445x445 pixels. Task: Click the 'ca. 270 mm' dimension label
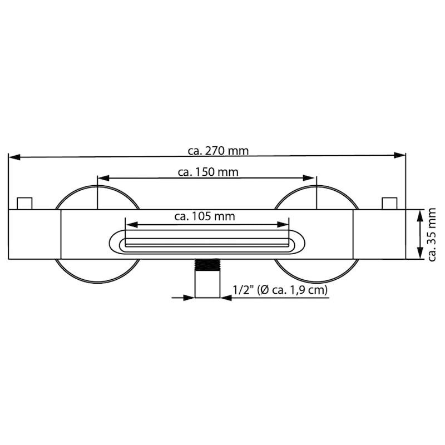click(x=217, y=150)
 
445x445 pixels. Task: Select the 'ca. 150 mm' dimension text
click(x=208, y=172)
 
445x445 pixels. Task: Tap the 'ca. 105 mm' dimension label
click(x=205, y=216)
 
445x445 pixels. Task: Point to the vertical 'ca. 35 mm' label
click(x=432, y=234)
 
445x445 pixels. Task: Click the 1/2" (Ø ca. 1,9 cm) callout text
click(x=280, y=290)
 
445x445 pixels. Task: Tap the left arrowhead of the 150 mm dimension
click(x=103, y=179)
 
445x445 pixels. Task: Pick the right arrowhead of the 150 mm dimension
click(x=310, y=178)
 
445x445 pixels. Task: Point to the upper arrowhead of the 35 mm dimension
click(x=418, y=215)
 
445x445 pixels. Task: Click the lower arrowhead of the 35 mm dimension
click(x=418, y=253)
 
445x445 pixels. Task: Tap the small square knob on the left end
click(x=25, y=203)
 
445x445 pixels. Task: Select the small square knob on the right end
click(x=389, y=203)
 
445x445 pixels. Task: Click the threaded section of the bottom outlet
click(x=207, y=264)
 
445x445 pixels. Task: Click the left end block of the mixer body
click(x=34, y=234)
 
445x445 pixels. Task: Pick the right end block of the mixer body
click(x=379, y=234)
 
